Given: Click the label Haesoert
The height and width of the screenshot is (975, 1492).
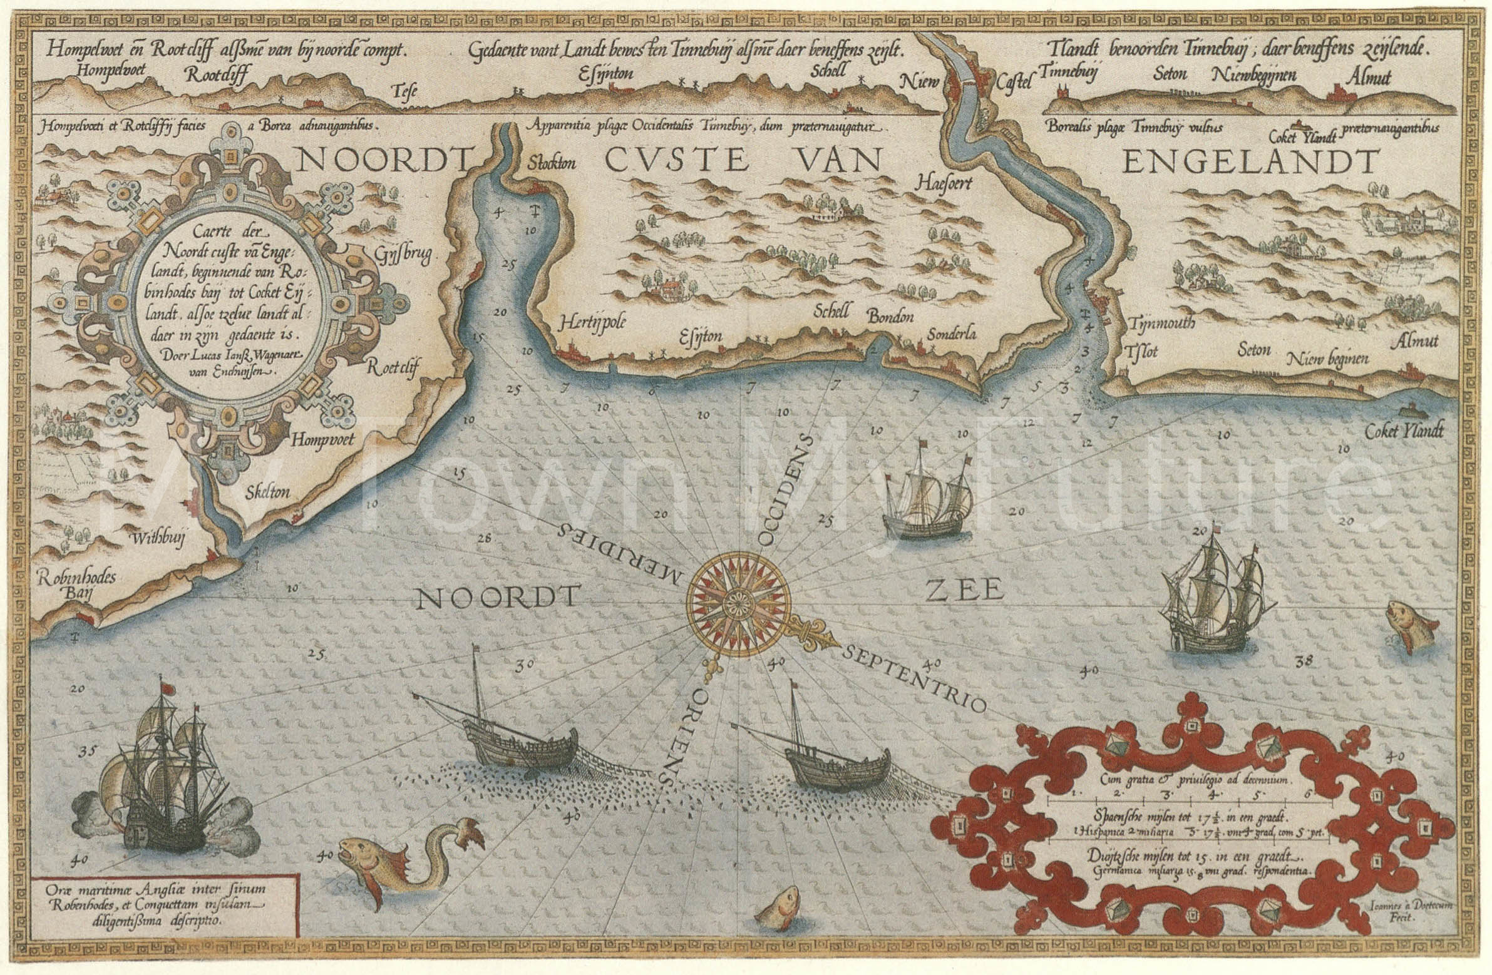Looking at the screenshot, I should click(942, 183).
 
